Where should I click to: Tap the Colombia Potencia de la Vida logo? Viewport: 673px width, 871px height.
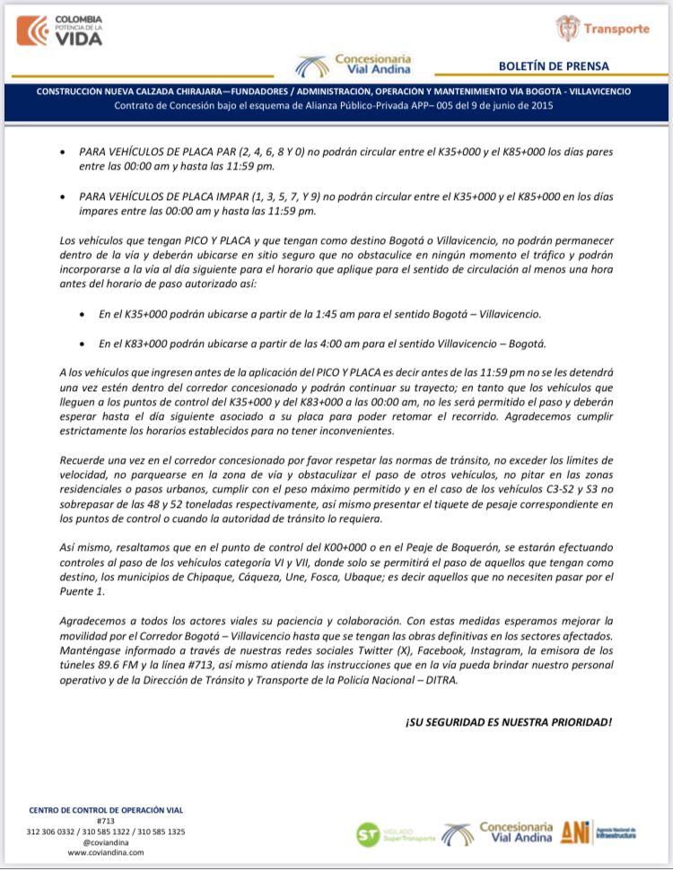click(60, 30)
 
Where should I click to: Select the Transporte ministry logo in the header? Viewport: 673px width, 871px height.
click(602, 29)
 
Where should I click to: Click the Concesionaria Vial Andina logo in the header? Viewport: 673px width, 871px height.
click(354, 64)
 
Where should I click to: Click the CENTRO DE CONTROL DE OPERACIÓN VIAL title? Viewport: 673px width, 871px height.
click(107, 810)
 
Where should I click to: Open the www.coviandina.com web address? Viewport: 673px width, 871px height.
click(107, 853)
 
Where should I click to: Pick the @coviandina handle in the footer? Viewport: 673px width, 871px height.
click(107, 842)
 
